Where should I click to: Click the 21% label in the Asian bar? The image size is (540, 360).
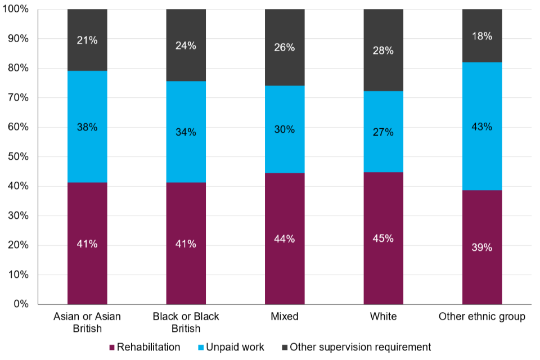coord(87,40)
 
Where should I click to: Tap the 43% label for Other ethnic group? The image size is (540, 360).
coord(482,127)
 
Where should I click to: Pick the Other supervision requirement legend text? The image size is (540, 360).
coord(360,347)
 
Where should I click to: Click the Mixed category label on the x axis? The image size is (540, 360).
coord(284,317)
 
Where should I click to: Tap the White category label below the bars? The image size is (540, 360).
coord(383,317)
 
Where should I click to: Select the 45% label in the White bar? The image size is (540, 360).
coord(383,238)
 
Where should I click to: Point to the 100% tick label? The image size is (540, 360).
coord(17,10)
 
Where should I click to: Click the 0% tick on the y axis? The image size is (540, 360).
coord(21,304)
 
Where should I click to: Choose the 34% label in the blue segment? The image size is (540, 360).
coord(186,133)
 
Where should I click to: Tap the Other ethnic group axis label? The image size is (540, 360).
coord(482,317)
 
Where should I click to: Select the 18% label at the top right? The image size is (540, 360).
coord(482,36)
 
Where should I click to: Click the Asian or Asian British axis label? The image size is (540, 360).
coord(87,322)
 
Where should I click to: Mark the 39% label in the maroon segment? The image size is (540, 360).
coord(482,247)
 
